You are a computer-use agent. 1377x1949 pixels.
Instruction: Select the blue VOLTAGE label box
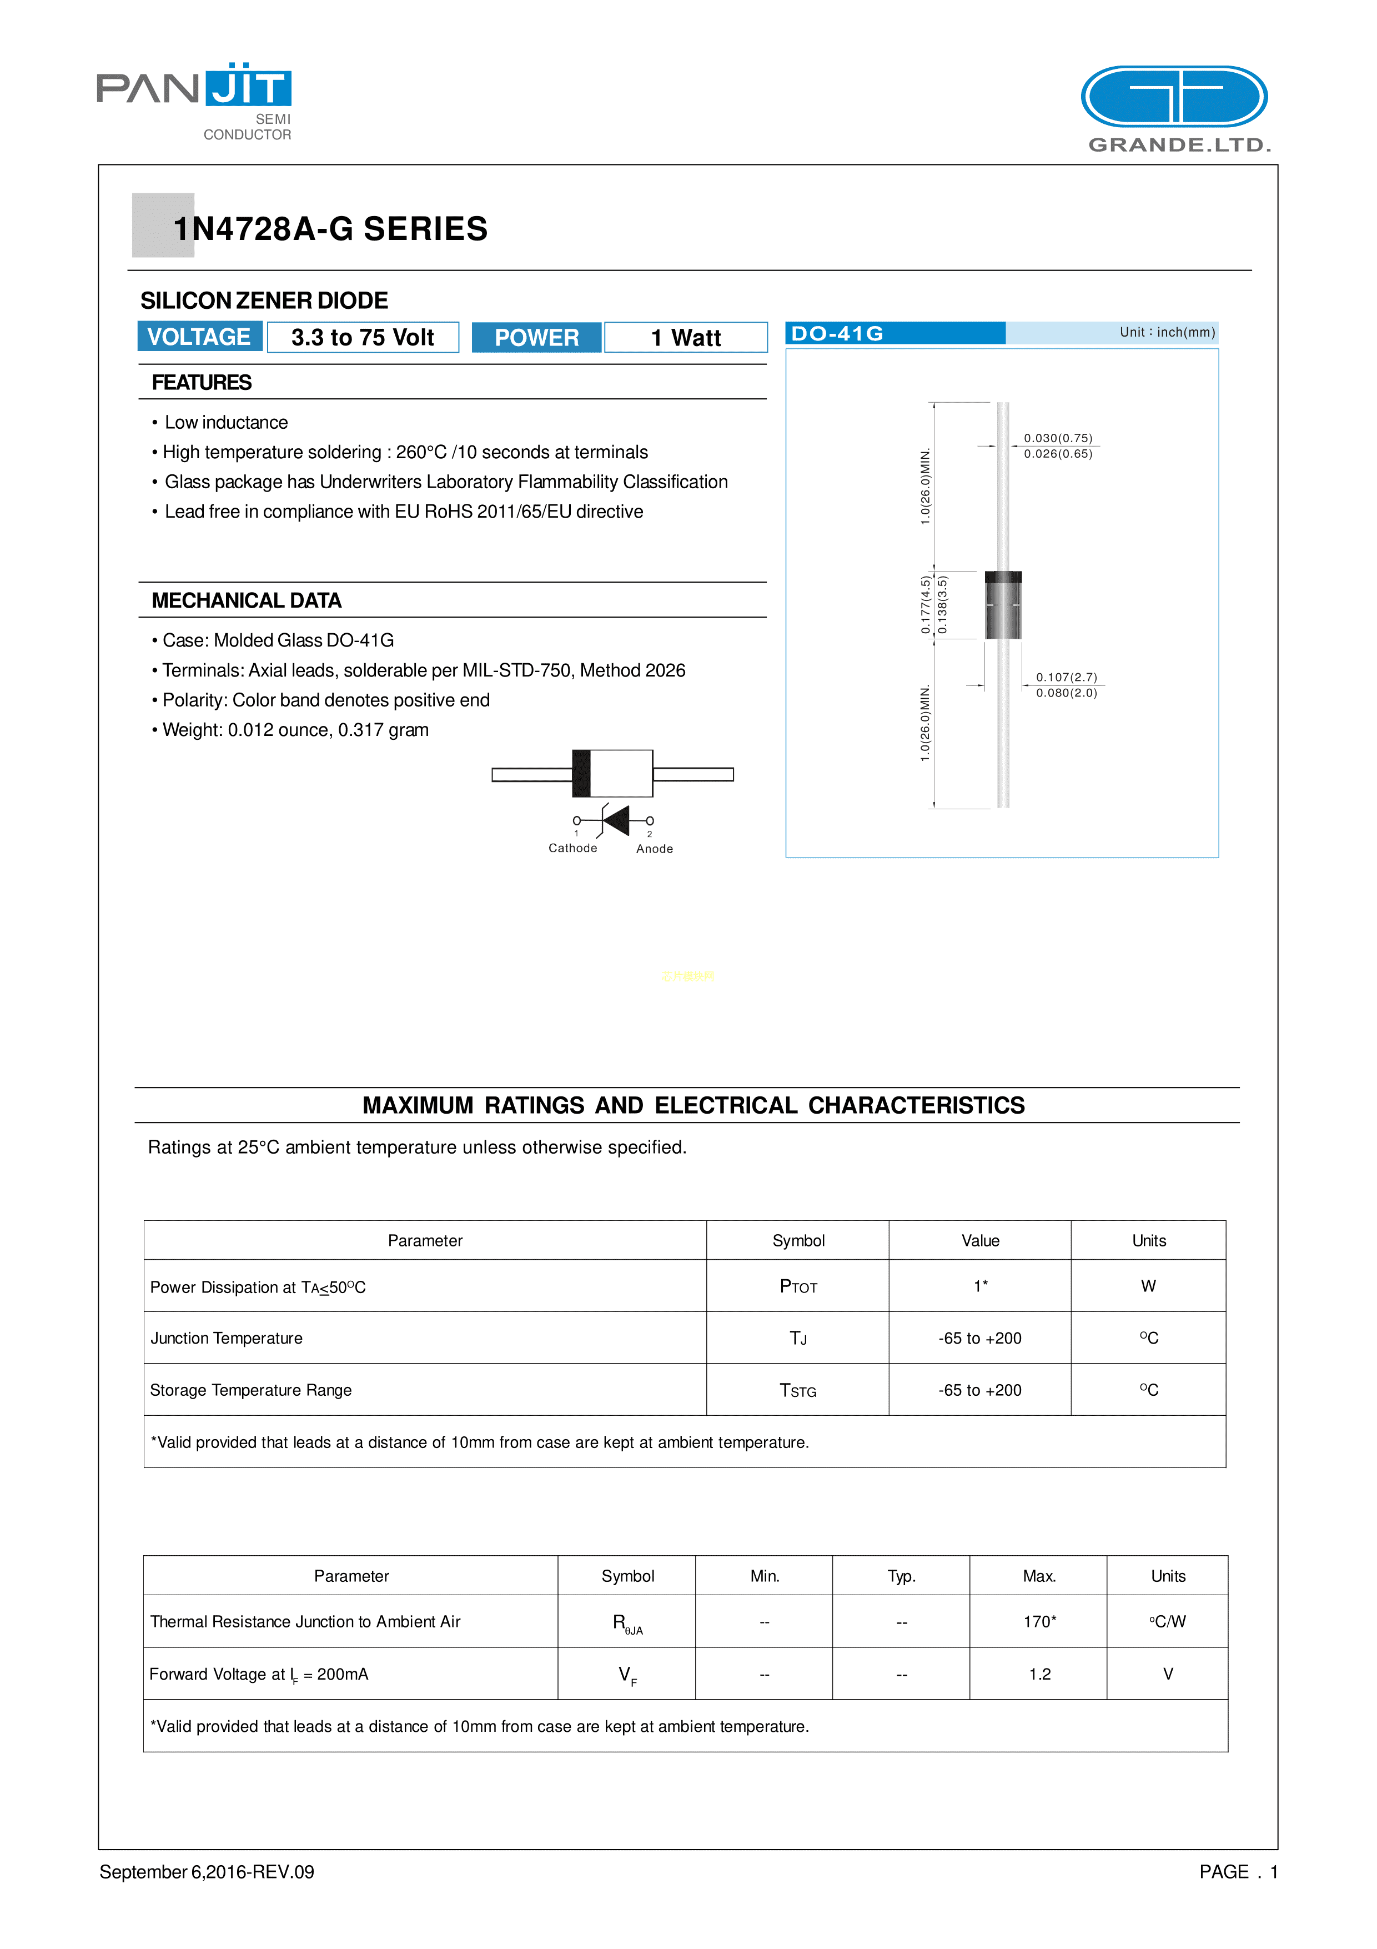[x=199, y=337]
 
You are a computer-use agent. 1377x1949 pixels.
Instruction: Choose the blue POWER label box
[x=536, y=338]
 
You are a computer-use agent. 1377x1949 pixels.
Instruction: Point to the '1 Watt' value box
[x=686, y=338]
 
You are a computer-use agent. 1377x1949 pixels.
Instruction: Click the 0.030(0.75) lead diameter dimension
[x=1057, y=438]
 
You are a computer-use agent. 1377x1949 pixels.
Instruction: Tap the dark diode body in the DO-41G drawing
[x=1003, y=607]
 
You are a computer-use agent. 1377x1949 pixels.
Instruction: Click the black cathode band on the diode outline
[x=581, y=773]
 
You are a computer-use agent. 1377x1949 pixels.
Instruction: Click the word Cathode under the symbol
[x=572, y=848]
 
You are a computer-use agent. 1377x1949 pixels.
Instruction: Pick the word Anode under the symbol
[x=654, y=849]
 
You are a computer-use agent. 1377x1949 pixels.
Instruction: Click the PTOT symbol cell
[x=797, y=1287]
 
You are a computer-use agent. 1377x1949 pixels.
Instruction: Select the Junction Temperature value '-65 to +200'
[x=980, y=1339]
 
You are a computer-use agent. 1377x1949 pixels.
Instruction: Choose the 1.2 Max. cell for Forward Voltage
[x=1039, y=1674]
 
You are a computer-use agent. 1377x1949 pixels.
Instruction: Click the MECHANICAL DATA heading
[x=246, y=601]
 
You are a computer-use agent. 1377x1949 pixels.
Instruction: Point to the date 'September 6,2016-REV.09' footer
[x=207, y=1872]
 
